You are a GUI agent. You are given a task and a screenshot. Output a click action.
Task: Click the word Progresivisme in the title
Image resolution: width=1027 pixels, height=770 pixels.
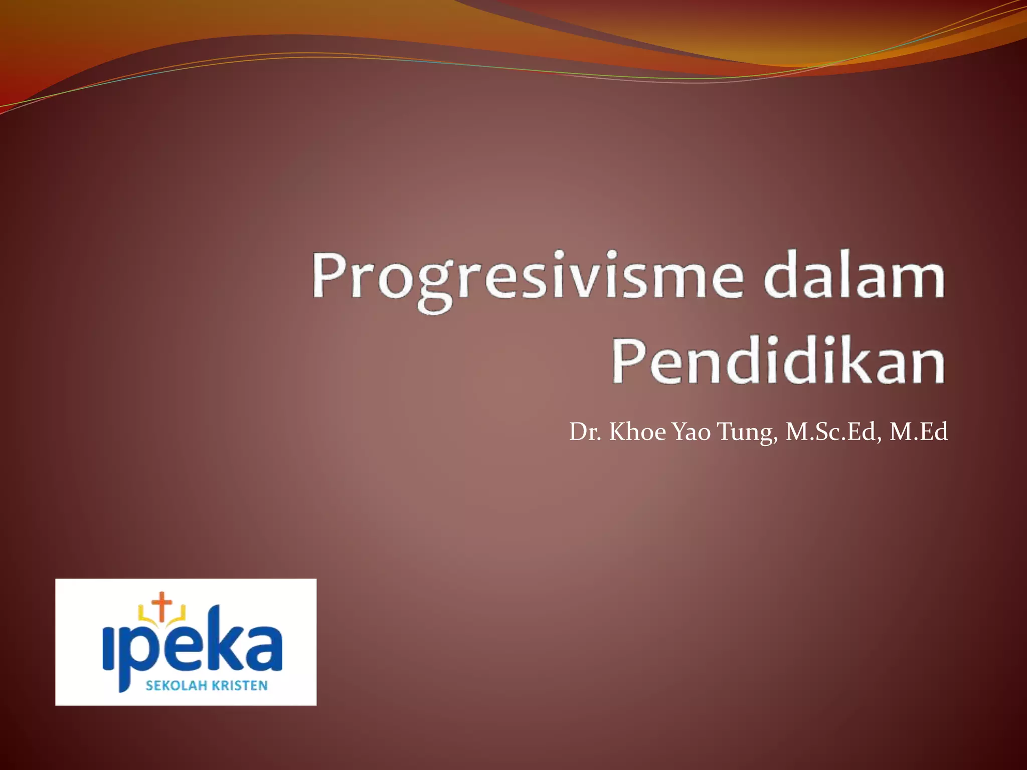[x=527, y=278]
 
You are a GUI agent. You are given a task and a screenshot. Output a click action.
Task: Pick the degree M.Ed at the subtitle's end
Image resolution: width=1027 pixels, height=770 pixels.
[x=918, y=432]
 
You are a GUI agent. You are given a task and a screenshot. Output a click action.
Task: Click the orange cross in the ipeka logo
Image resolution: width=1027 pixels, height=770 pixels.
[x=161, y=604]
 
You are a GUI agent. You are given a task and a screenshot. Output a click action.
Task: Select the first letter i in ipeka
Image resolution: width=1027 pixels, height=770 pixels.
[x=109, y=650]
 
